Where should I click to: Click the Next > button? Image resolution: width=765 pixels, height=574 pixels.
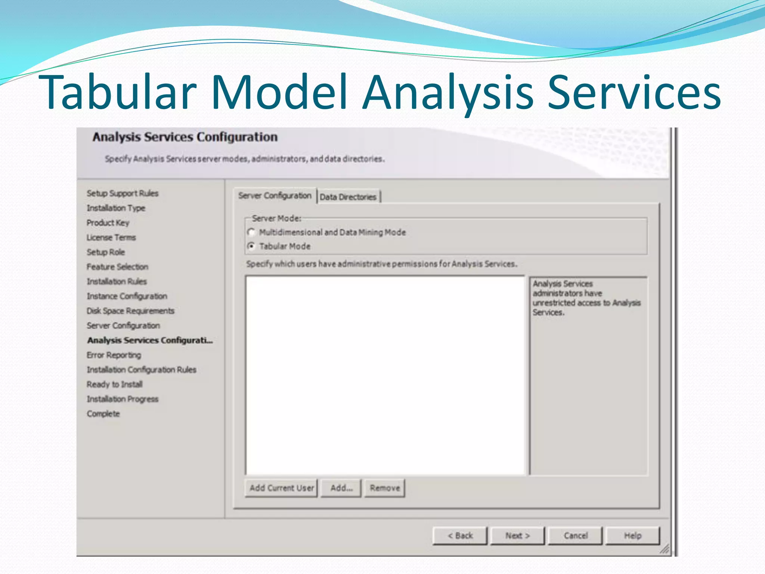(517, 536)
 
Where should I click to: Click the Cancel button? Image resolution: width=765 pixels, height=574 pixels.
(575, 536)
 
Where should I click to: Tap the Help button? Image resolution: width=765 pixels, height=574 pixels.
(632, 536)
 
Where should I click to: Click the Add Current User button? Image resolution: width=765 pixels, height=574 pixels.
(281, 488)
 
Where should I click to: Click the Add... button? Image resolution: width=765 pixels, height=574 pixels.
(341, 488)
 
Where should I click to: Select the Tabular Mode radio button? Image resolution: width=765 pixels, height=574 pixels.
(251, 246)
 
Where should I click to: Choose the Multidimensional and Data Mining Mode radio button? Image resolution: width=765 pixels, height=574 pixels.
(251, 232)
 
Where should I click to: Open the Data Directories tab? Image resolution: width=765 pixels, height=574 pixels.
(348, 197)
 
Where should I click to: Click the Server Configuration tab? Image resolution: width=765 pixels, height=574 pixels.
(275, 195)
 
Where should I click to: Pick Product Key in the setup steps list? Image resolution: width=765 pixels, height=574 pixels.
(108, 223)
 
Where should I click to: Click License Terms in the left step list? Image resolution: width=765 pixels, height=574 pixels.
(111, 237)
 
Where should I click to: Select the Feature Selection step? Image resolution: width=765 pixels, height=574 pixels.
(118, 267)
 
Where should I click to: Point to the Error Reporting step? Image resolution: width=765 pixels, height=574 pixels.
(114, 355)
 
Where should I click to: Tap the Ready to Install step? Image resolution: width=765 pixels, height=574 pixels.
(115, 384)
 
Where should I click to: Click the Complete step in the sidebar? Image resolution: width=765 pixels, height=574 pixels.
(103, 414)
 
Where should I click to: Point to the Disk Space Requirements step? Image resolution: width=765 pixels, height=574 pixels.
(131, 311)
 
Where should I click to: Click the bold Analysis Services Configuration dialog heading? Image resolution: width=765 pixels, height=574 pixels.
(185, 137)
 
